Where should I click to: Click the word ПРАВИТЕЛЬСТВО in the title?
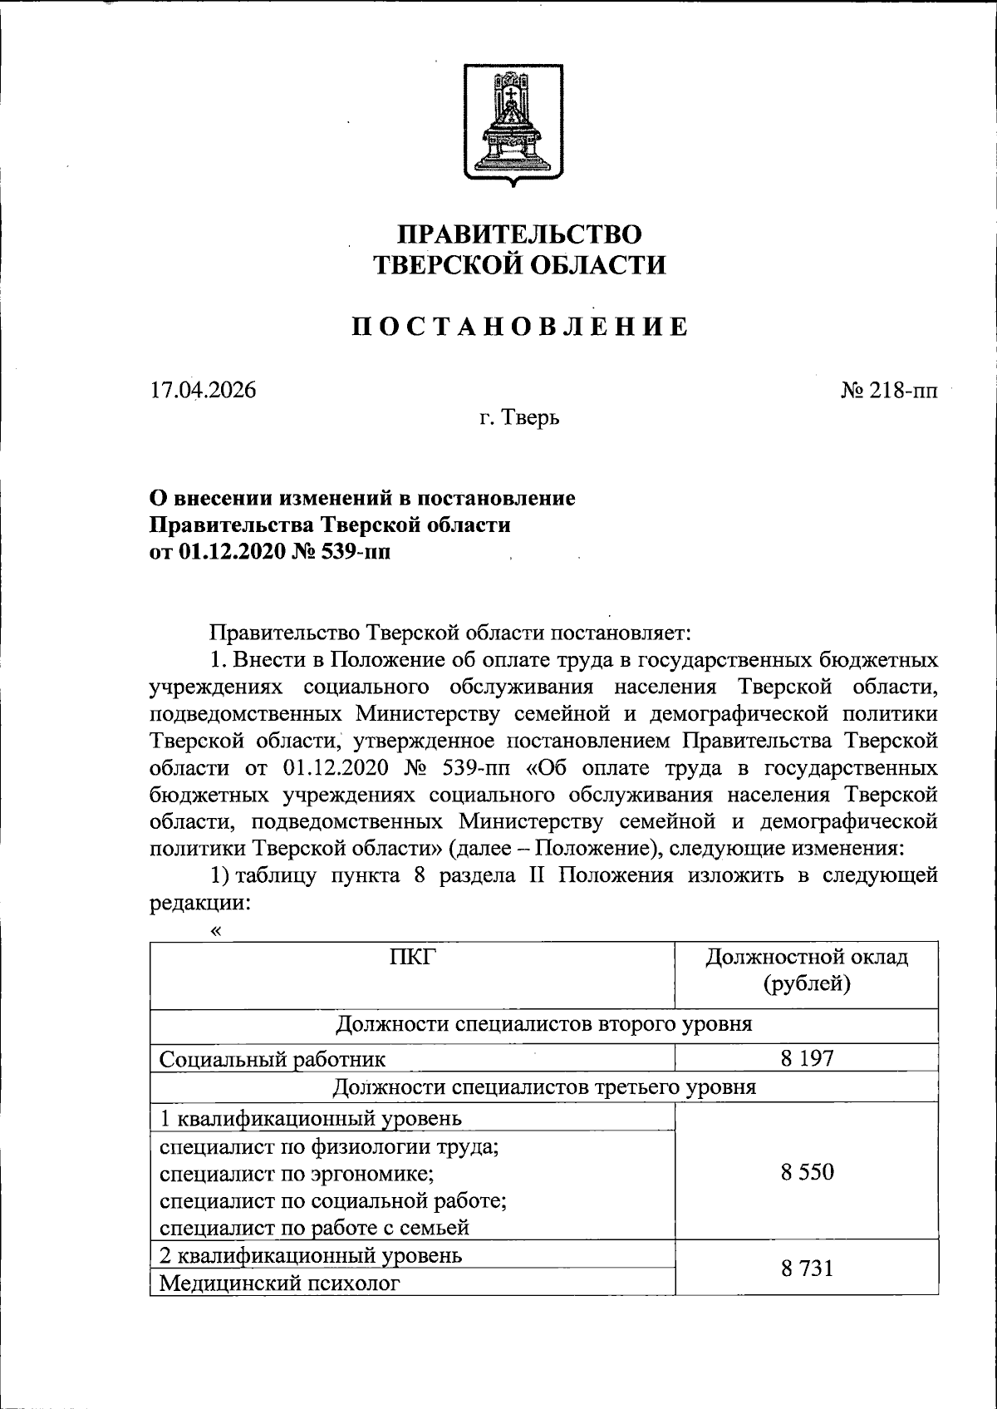click(x=519, y=234)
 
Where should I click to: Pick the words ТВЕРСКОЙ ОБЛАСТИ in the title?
click(x=519, y=265)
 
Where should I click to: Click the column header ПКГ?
click(x=412, y=958)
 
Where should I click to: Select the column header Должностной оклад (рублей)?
click(x=807, y=970)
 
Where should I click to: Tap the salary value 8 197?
click(x=807, y=1059)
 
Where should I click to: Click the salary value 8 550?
click(x=807, y=1173)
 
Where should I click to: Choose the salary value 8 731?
click(x=807, y=1269)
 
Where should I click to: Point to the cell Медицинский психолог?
click(x=279, y=1283)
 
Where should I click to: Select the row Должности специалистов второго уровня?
click(x=544, y=1024)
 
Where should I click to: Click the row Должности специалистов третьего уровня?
click(x=544, y=1086)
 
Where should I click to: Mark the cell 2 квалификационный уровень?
click(x=311, y=1255)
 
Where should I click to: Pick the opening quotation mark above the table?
click(x=216, y=931)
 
